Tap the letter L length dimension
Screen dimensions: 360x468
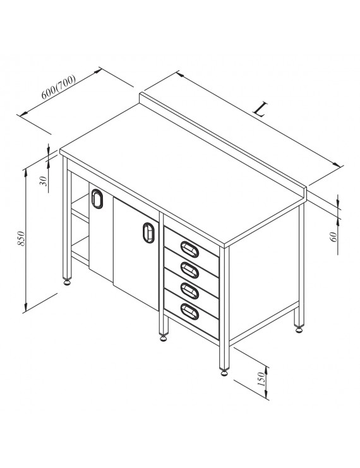(x=260, y=109)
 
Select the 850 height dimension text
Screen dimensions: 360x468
(x=21, y=238)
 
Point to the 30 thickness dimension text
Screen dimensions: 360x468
(x=44, y=181)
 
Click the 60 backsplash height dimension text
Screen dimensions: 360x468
(x=334, y=237)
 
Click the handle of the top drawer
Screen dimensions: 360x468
(x=189, y=249)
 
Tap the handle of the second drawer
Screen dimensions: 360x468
(x=189, y=270)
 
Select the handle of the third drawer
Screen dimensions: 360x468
(x=189, y=291)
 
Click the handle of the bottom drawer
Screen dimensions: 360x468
(x=189, y=311)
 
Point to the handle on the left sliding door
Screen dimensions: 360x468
(x=97, y=199)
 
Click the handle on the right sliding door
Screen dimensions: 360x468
(x=148, y=232)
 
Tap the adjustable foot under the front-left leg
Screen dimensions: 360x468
(x=67, y=282)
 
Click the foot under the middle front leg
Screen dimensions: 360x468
(x=164, y=338)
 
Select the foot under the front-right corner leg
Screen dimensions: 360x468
(x=224, y=372)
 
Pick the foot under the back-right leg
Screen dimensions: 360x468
(x=299, y=329)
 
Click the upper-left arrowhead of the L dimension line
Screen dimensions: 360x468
(x=180, y=75)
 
